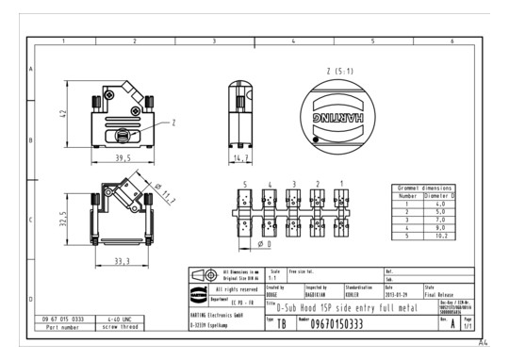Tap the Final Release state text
pyautogui.click(x=441, y=295)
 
